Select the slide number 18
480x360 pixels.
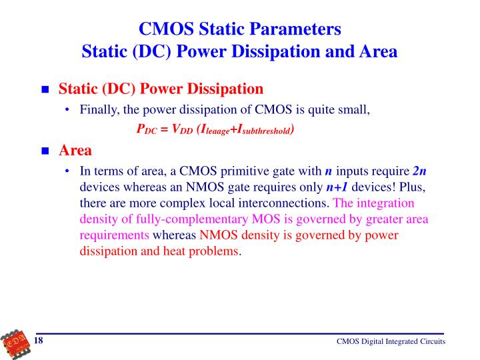point(39,341)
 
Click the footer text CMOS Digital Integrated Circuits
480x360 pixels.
point(390,342)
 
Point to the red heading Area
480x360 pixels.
point(75,150)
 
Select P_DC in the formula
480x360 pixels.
point(145,130)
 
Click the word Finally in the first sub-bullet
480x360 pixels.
point(99,110)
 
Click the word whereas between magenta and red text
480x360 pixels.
point(175,235)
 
